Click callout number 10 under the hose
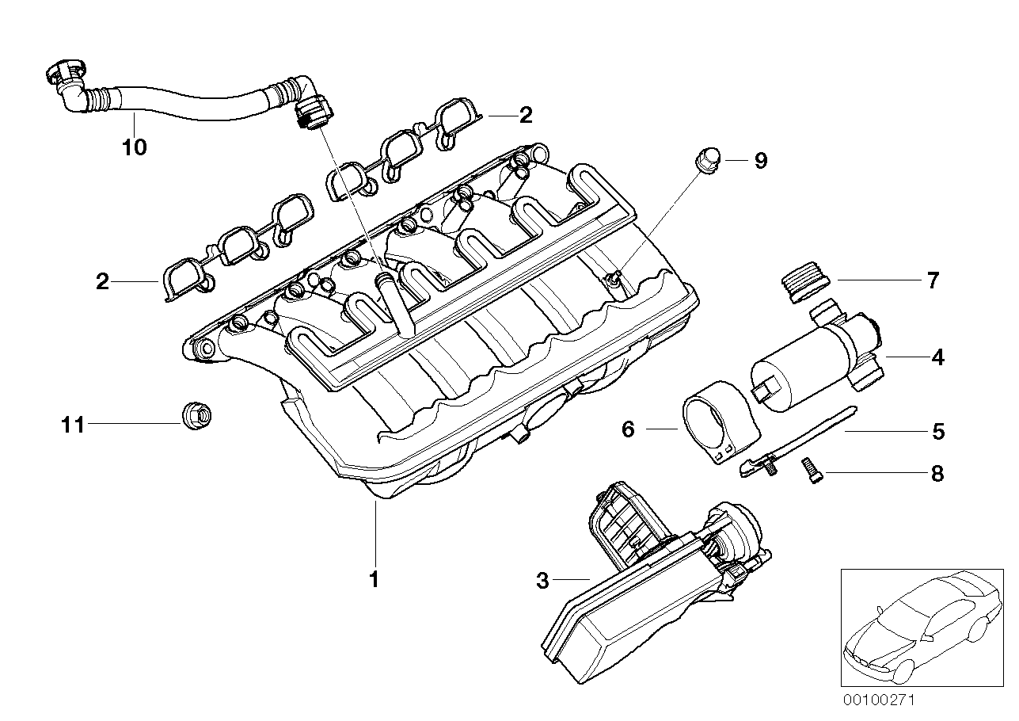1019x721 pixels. pyautogui.click(x=135, y=147)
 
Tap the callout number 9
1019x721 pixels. pyautogui.click(x=760, y=161)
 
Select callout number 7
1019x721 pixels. pyautogui.click(x=932, y=280)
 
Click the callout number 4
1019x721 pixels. pyautogui.click(x=937, y=357)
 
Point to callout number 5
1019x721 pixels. pyautogui.click(x=937, y=432)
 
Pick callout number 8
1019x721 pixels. pyautogui.click(x=937, y=474)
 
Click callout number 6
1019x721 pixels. pyautogui.click(x=628, y=429)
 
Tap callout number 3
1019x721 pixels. pyautogui.click(x=542, y=581)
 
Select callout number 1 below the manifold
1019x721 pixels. pyautogui.click(x=374, y=579)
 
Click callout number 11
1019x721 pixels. pyautogui.click(x=73, y=425)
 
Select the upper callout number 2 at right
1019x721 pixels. pyautogui.click(x=525, y=116)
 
